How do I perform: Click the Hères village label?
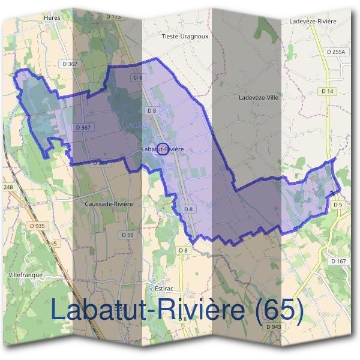tap(53, 18)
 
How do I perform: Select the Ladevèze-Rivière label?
tap(312, 21)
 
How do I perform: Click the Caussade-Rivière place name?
tap(109, 204)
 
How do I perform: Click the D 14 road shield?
tap(327, 91)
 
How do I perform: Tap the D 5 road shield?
tap(337, 205)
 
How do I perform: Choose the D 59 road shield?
tap(126, 234)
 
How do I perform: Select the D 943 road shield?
tap(273, 326)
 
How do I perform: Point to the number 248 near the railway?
tap(8, 187)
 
